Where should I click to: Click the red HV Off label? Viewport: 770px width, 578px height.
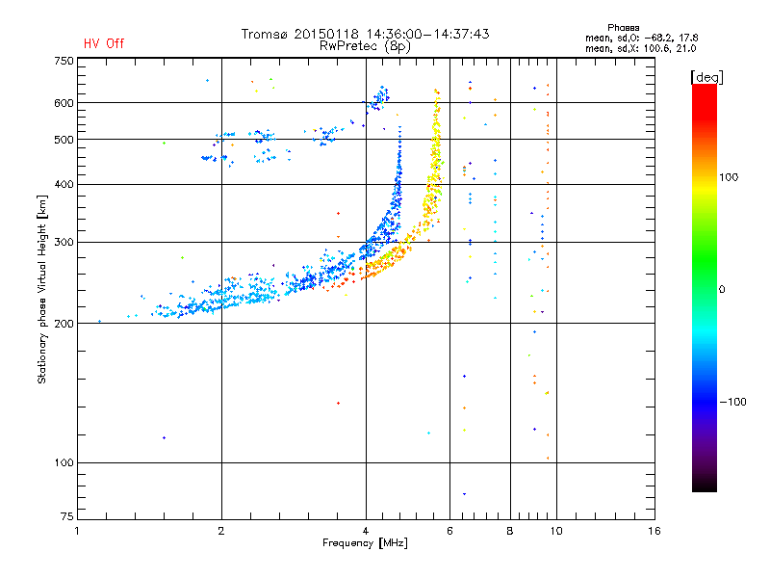(103, 43)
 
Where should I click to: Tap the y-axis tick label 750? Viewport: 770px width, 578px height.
(64, 61)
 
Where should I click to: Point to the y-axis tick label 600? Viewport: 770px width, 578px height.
(64, 103)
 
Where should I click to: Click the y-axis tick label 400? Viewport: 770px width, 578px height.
(64, 184)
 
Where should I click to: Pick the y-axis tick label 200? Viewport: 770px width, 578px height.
(64, 324)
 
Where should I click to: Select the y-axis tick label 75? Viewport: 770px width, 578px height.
(66, 520)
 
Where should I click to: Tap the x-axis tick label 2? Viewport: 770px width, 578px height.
(221, 532)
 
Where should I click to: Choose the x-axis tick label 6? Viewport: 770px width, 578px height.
(450, 532)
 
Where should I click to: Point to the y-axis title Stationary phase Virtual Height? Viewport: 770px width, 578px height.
(42, 289)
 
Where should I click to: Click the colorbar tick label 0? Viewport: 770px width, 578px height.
(723, 289)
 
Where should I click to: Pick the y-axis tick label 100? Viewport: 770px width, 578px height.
(64, 463)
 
